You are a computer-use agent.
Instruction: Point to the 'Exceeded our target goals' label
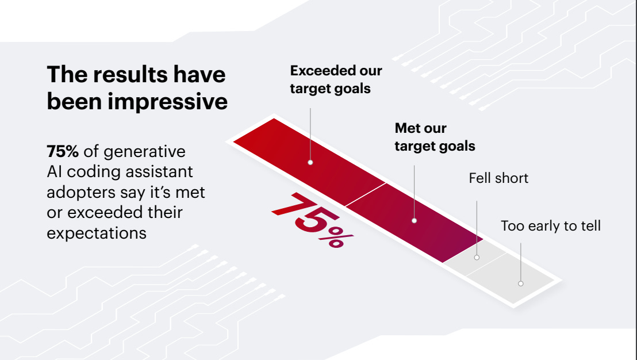point(336,79)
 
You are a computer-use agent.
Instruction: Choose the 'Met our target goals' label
point(435,137)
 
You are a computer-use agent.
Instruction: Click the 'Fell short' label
point(498,178)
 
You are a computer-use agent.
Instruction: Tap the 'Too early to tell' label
point(550,226)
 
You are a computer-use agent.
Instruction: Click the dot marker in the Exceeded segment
point(310,162)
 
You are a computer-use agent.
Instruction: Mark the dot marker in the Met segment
point(415,220)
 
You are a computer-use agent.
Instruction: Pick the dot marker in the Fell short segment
point(477,257)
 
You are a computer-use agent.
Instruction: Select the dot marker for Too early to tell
point(520,283)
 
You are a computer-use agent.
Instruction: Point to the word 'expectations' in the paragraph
point(96,233)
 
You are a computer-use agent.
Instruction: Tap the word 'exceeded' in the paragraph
point(103,212)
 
